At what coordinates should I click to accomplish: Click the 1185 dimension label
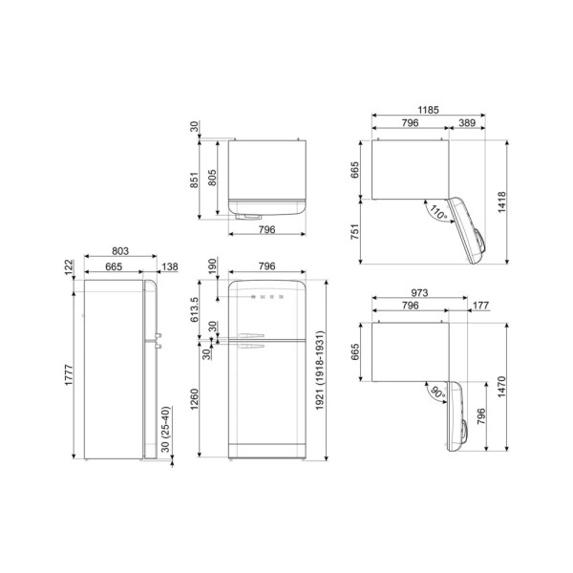(428, 110)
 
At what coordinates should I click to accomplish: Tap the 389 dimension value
(467, 123)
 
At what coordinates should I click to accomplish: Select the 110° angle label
(438, 212)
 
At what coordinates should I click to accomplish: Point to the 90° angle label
(437, 393)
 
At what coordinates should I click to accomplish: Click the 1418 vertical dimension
(502, 202)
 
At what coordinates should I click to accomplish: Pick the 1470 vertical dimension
(501, 387)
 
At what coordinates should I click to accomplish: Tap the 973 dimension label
(419, 293)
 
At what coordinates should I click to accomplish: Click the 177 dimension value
(481, 306)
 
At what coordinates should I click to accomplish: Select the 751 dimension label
(354, 232)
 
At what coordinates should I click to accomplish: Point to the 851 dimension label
(194, 180)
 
